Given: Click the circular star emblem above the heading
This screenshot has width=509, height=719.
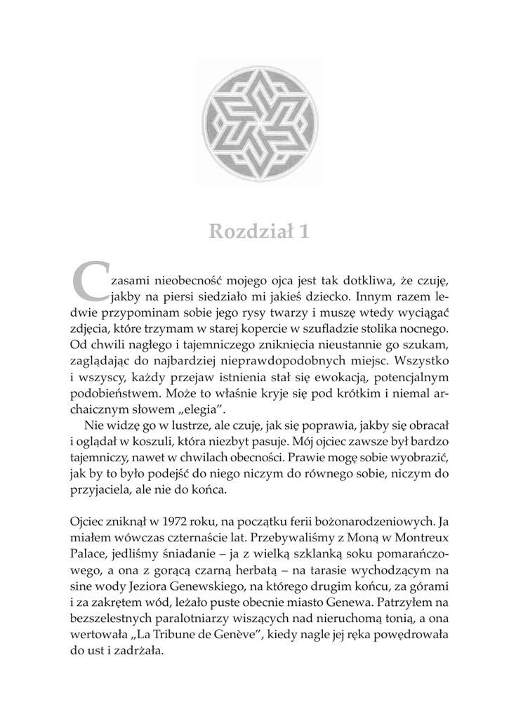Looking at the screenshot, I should pyautogui.click(x=255, y=125).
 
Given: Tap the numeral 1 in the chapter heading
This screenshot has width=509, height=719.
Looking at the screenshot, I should pyautogui.click(x=303, y=231).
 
